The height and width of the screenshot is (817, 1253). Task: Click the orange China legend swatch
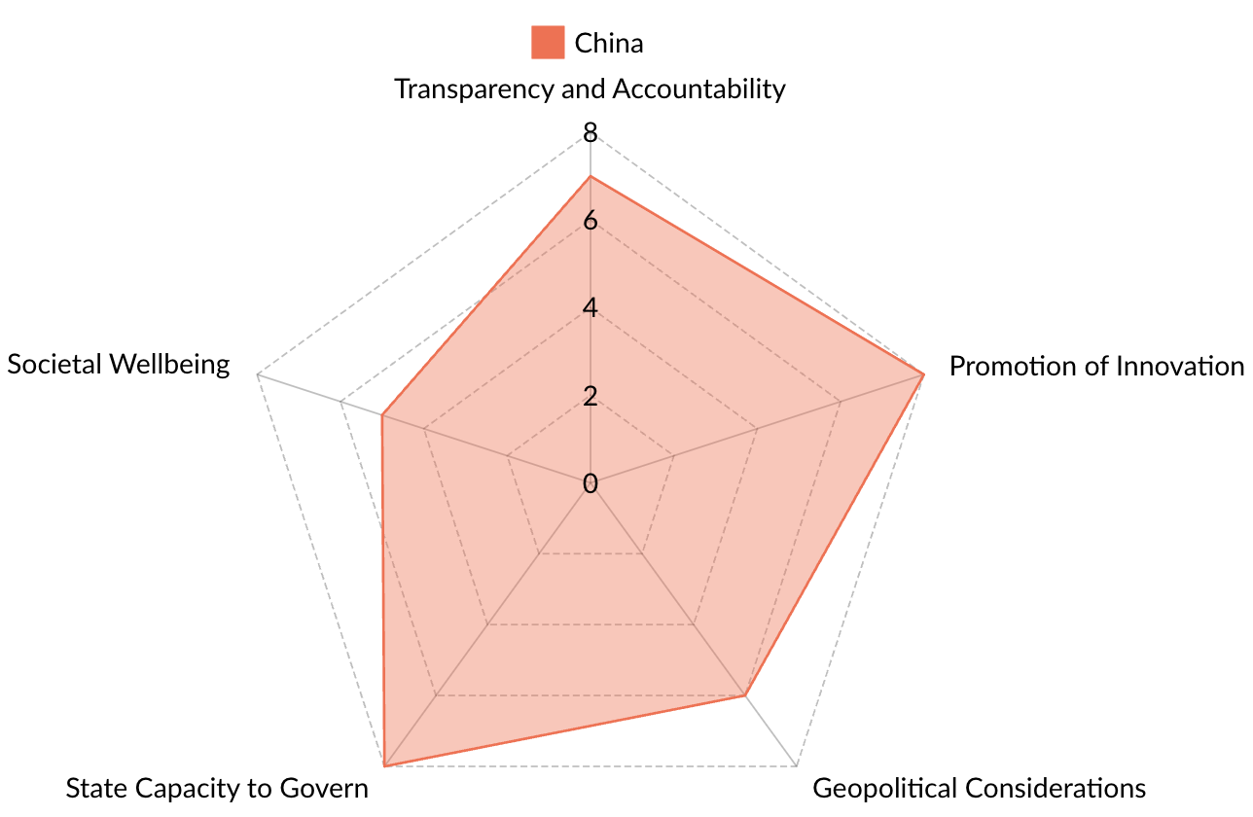547,43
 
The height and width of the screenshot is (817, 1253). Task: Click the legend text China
609,43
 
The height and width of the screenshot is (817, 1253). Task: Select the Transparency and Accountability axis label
590,89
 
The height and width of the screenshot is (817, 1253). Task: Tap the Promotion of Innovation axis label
1096,366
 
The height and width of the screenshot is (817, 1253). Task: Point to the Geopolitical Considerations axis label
979,787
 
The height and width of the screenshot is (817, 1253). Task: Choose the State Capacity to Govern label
217,787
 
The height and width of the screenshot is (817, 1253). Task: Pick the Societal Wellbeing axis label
119,364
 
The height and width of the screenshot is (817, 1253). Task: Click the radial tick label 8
590,133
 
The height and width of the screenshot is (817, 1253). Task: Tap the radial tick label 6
590,221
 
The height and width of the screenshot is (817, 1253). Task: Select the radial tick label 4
590,308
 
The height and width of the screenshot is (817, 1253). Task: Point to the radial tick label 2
590,396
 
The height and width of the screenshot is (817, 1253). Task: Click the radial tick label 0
590,483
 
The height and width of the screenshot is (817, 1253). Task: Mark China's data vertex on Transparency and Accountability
591,177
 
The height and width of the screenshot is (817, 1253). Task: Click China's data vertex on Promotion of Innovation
922,374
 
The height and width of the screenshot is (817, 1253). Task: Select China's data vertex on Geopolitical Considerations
745,695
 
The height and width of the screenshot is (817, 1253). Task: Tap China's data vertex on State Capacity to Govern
384,766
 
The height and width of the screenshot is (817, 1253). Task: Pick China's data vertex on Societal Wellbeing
382,416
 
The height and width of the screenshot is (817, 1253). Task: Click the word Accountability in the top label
698,89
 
